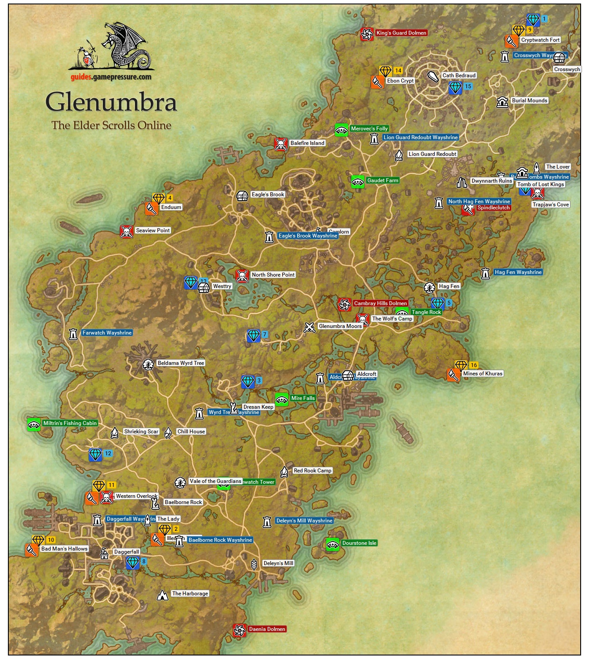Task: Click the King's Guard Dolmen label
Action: click(401, 33)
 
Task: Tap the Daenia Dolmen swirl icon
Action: click(239, 630)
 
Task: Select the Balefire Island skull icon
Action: click(281, 144)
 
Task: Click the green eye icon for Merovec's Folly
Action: click(342, 130)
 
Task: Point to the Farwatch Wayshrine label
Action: click(107, 333)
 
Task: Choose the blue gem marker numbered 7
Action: click(254, 336)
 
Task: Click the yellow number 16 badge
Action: click(473, 365)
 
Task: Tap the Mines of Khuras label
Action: click(482, 374)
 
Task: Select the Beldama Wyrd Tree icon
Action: click(148, 364)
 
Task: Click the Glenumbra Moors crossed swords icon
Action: click(309, 327)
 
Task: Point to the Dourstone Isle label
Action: click(359, 543)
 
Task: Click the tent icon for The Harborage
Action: click(163, 595)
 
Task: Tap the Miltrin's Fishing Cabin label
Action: click(70, 423)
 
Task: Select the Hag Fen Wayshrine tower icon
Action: click(485, 273)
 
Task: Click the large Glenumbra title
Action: click(111, 102)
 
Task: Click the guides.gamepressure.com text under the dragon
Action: click(111, 77)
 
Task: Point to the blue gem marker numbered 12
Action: click(95, 454)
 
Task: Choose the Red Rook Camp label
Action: click(313, 471)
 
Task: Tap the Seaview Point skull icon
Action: click(127, 231)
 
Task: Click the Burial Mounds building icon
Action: click(502, 102)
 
